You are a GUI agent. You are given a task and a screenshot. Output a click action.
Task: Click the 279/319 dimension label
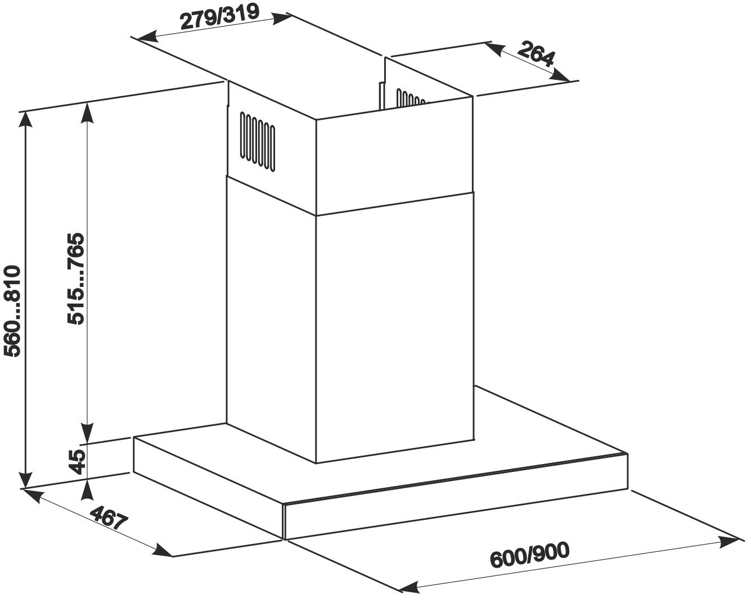click(220, 17)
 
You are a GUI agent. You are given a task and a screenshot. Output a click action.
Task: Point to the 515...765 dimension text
click(75, 278)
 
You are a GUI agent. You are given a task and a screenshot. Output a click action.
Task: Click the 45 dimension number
click(77, 462)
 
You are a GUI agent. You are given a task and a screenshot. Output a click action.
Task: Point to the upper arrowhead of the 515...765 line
click(88, 113)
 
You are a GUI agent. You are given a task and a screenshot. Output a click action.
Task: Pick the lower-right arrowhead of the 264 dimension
click(561, 75)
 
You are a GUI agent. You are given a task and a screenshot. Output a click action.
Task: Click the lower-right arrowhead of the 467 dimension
click(162, 549)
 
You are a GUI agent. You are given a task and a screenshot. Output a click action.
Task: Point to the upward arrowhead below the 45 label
click(88, 490)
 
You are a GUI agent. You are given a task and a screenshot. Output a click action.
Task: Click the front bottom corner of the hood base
click(285, 539)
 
